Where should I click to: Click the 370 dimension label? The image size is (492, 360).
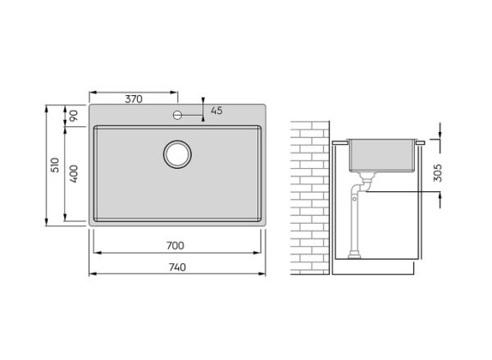click(134, 99)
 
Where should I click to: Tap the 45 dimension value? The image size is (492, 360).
click(216, 111)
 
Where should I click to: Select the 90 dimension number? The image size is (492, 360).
click(73, 116)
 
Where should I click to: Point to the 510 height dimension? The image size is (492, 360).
click(55, 165)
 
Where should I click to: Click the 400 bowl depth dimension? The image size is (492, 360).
click(73, 174)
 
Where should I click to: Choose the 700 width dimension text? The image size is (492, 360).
click(175, 245)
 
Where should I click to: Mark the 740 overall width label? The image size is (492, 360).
click(177, 267)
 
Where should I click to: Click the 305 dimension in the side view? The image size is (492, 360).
click(437, 173)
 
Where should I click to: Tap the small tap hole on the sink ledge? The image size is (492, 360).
click(177, 115)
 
